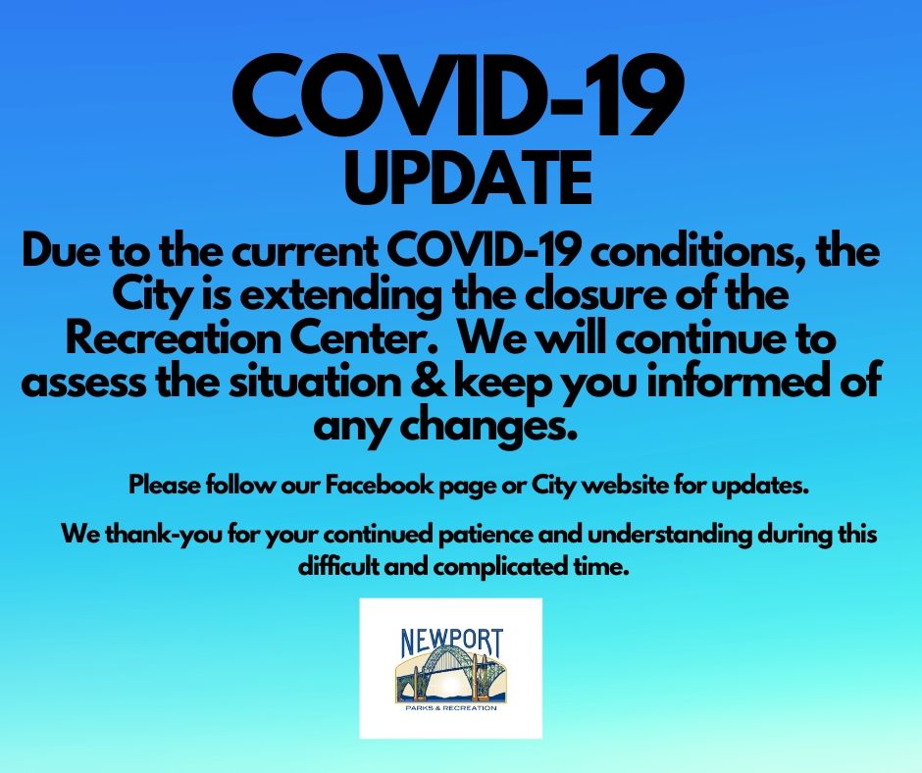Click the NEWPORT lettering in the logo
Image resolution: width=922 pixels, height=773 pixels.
point(451,643)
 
